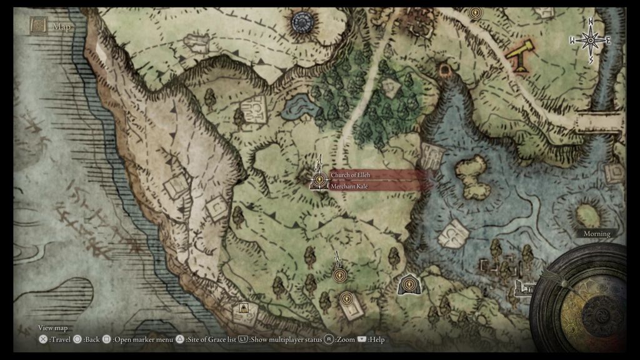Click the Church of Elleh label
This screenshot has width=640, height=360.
[x=350, y=175]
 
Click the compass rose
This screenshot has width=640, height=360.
[x=589, y=41]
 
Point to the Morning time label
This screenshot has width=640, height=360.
[x=596, y=233]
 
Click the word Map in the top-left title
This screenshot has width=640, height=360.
[x=62, y=26]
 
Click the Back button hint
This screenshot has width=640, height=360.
[x=87, y=339]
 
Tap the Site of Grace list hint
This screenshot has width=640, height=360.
[x=206, y=339]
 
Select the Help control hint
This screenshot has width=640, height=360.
[x=371, y=339]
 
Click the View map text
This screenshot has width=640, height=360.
[x=52, y=327]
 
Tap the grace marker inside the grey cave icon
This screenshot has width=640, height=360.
[x=409, y=285]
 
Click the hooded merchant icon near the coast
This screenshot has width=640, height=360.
[x=244, y=307]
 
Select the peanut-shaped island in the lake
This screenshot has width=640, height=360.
[x=472, y=177]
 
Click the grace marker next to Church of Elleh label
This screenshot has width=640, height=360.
[x=319, y=180]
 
